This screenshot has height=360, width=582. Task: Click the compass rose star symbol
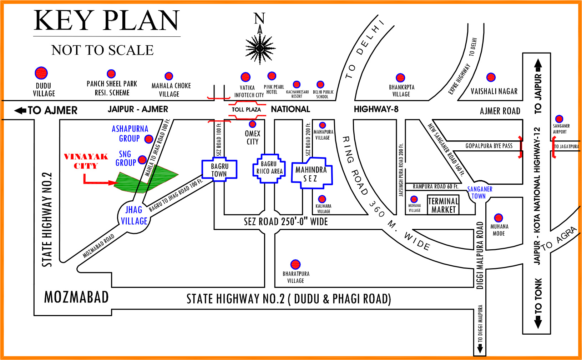(x=260, y=48)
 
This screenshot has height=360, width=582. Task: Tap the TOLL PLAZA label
(x=246, y=110)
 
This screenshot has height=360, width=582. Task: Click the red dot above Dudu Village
(x=41, y=73)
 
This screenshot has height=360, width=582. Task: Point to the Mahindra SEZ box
(x=312, y=173)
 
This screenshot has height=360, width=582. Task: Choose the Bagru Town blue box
(x=219, y=170)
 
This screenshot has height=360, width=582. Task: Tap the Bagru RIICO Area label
(x=269, y=168)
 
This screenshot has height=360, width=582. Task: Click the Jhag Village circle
(x=133, y=215)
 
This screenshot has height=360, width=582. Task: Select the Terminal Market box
(x=444, y=205)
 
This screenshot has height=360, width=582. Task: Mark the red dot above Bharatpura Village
(x=295, y=264)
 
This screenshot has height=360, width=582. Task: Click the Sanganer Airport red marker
(x=559, y=119)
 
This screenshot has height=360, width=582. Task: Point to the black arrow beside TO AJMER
(x=20, y=110)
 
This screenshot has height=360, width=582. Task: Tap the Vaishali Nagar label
(x=494, y=91)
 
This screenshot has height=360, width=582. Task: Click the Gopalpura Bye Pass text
(x=489, y=146)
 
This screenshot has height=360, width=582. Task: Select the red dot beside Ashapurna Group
(x=149, y=139)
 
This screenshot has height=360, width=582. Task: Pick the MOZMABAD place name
(x=76, y=297)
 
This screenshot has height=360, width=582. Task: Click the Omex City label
(x=253, y=137)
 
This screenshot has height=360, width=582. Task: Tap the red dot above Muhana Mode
(x=499, y=217)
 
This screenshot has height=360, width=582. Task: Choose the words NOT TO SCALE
(x=102, y=50)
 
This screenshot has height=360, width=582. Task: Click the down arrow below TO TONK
(x=538, y=324)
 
